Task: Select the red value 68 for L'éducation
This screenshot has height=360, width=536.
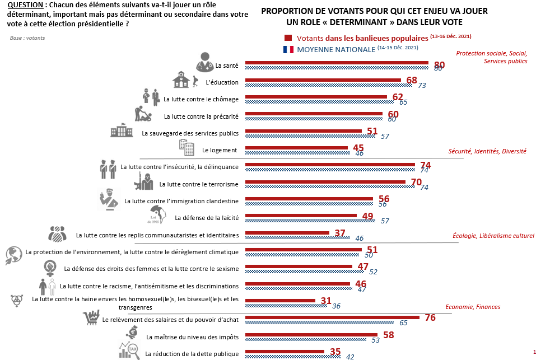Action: pos(412,80)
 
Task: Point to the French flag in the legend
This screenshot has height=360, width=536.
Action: pos(288,49)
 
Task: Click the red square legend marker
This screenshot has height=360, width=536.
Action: pos(288,38)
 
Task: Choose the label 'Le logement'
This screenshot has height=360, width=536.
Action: pos(220,150)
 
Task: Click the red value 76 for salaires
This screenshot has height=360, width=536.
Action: pos(430,317)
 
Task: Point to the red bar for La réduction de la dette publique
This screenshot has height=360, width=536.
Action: pos(285,352)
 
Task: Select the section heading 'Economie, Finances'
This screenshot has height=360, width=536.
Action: pos(473,307)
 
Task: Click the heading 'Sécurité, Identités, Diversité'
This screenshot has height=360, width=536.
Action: pos(488,151)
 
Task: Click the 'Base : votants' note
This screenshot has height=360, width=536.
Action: pos(27,38)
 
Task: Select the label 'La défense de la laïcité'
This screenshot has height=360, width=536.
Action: pos(207,217)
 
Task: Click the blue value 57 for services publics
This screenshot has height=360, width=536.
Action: pos(384,136)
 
